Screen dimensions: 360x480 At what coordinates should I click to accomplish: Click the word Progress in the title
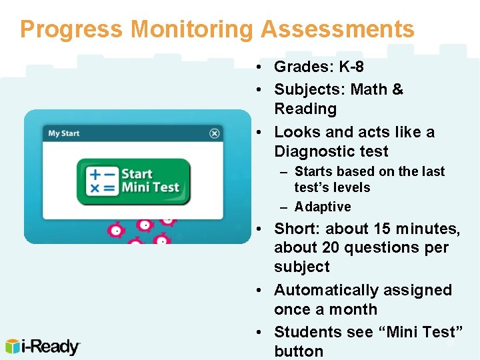coord(71,29)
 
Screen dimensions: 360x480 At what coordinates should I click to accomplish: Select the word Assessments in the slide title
coord(338,29)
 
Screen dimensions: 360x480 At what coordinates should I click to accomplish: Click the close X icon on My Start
coord(215,133)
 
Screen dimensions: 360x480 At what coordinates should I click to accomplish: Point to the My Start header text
coord(63,133)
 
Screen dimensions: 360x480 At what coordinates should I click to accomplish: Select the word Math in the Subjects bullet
coord(369,89)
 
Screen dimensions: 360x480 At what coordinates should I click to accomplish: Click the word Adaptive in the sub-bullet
coord(323,207)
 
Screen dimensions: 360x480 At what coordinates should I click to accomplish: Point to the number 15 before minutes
coord(382,229)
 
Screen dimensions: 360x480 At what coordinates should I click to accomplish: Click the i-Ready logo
coord(43,347)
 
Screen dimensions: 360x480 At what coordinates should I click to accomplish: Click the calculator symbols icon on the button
coord(103,181)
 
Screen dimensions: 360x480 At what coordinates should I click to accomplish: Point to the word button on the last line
coord(299,351)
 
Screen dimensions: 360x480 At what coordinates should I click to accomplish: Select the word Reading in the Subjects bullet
coord(305,109)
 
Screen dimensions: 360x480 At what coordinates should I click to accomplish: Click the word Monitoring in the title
coord(192,29)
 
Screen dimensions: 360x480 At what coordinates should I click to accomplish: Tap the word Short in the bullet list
coord(294,229)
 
